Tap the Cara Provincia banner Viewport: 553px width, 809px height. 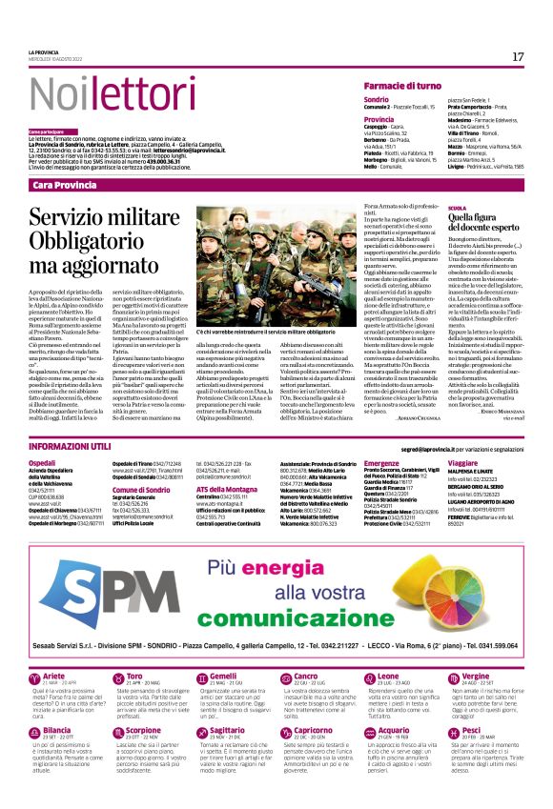72,185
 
